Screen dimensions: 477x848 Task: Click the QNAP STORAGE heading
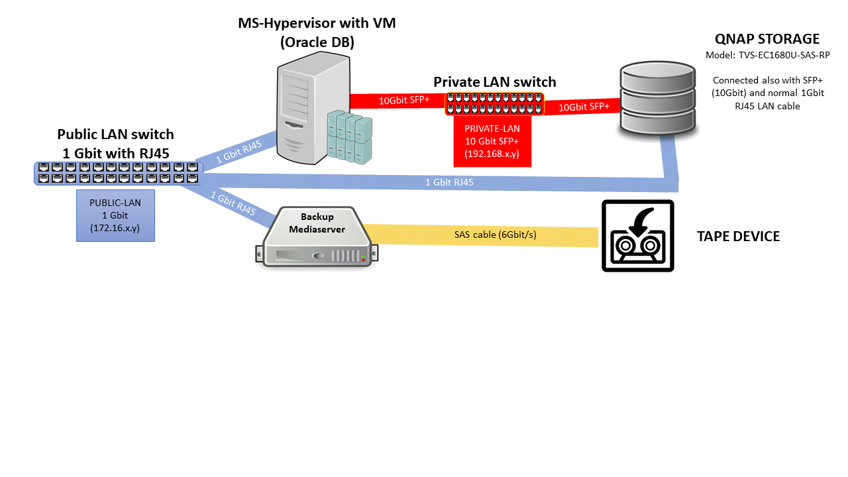click(767, 39)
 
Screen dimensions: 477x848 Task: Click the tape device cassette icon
click(637, 236)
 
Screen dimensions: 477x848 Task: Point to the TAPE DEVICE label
click(738, 237)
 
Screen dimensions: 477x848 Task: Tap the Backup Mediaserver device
click(317, 237)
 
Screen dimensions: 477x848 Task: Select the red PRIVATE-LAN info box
click(491, 141)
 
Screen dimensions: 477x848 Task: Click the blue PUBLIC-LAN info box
click(116, 215)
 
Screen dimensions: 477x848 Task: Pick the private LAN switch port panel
click(494, 104)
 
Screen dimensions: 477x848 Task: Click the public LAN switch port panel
click(118, 173)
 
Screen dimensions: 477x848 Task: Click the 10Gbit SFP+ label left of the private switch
click(404, 101)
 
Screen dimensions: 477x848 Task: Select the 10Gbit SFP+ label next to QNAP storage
click(584, 107)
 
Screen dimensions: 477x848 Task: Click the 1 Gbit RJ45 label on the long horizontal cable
click(449, 182)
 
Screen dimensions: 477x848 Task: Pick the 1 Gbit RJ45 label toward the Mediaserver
click(233, 203)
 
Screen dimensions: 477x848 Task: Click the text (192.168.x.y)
click(491, 154)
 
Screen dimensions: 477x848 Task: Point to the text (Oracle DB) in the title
click(317, 43)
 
